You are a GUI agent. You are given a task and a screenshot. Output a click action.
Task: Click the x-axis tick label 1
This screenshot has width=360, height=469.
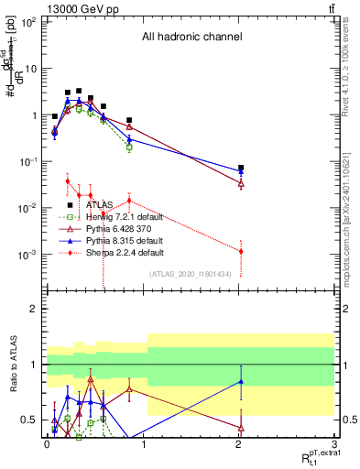click(142, 443)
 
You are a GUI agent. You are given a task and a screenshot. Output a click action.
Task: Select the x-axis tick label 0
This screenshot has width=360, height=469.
click(46, 443)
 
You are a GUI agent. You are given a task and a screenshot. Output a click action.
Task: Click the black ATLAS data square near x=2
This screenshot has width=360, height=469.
click(241, 169)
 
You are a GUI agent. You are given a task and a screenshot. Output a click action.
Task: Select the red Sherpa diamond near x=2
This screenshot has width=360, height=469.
click(241, 251)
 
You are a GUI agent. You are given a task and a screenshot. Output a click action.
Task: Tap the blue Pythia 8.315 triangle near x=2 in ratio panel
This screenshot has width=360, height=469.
click(241, 381)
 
